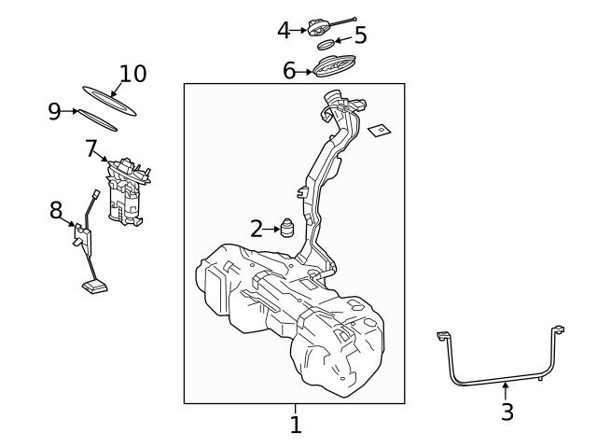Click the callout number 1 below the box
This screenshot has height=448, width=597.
(296, 426)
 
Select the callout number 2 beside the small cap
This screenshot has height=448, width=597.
(257, 228)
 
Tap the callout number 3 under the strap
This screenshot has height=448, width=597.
(507, 412)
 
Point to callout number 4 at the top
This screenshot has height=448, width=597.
(285, 30)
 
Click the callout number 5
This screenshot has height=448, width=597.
(359, 36)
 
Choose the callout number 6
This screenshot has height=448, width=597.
(289, 70)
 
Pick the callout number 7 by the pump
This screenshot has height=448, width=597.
(90, 147)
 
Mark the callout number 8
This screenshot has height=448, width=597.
(57, 211)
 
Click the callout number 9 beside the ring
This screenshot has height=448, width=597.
(55, 112)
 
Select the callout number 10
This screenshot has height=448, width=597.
(132, 74)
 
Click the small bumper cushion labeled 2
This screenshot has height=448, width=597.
(287, 228)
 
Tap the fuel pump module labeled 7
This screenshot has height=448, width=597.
(127, 192)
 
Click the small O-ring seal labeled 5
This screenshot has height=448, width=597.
(326, 44)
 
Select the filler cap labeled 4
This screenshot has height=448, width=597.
(323, 28)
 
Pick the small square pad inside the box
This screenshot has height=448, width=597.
(380, 131)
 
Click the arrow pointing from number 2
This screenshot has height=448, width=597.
(271, 228)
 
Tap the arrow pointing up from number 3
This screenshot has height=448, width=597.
(506, 390)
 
